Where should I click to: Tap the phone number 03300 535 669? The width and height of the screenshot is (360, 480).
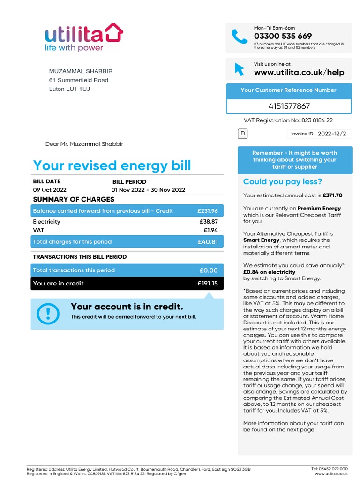(283, 36)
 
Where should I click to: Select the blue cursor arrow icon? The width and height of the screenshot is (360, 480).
(239, 69)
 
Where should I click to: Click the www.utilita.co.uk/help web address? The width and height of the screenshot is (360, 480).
(299, 72)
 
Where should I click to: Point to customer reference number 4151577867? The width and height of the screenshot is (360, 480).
(289, 106)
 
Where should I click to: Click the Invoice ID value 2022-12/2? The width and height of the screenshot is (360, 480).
(332, 134)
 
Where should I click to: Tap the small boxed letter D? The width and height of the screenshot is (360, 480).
(243, 134)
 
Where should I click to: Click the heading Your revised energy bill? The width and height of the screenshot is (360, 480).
(112, 165)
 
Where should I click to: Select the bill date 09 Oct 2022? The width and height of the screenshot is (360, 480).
(50, 190)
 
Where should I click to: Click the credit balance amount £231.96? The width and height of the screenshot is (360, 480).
(208, 211)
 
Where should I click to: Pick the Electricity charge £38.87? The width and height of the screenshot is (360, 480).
(209, 222)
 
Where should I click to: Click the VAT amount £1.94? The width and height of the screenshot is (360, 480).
(210, 230)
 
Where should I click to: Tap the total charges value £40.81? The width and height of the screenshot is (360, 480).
(208, 242)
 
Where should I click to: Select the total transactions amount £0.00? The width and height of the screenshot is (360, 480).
(209, 270)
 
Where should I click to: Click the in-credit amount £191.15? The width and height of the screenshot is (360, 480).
(208, 284)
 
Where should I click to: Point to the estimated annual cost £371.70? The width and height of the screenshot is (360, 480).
(332, 195)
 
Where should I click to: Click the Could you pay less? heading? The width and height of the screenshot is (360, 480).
(283, 182)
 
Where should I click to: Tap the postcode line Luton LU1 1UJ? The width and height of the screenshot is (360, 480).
(69, 89)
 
